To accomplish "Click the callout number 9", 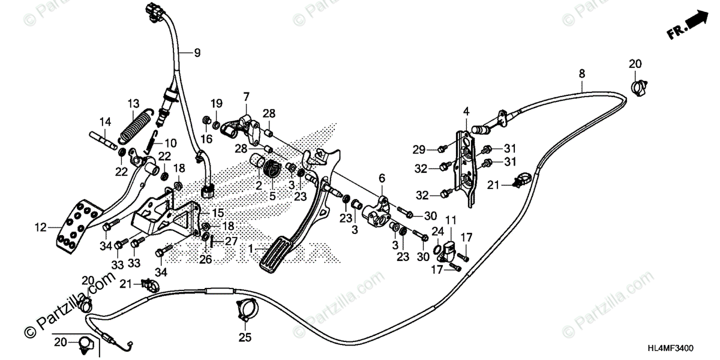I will [x=197, y=53].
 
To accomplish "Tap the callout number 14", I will [x=105, y=121].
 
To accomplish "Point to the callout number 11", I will [x=451, y=220].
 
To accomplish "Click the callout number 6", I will [x=380, y=178].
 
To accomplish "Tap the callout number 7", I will [x=245, y=96].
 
